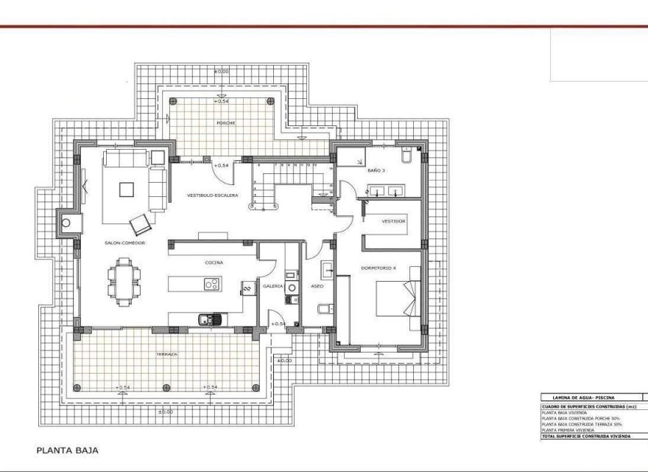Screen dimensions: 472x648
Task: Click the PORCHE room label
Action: coord(226,123)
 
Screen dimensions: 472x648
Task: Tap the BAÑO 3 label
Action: coord(376,170)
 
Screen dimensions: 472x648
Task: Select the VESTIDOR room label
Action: coord(393,221)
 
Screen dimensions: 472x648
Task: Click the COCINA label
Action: coord(214,263)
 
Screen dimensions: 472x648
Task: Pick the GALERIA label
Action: coord(273,285)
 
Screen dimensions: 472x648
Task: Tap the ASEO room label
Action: coord(317,285)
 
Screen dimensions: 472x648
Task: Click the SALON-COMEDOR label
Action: coord(124,243)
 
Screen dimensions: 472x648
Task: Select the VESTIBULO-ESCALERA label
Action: coord(213,195)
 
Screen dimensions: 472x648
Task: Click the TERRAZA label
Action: coord(166,355)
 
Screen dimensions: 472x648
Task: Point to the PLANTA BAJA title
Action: coord(67,449)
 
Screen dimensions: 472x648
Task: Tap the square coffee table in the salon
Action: coord(127,188)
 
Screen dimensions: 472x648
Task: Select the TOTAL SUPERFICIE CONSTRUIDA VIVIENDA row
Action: coord(582,436)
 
